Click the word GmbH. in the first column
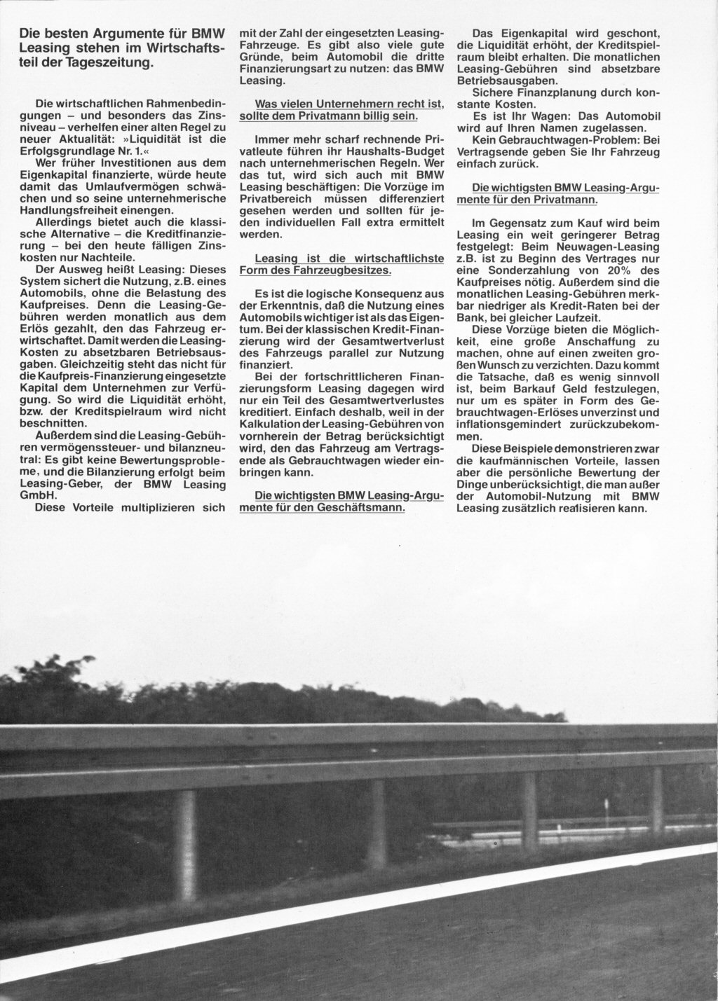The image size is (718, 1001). (x=39, y=494)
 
